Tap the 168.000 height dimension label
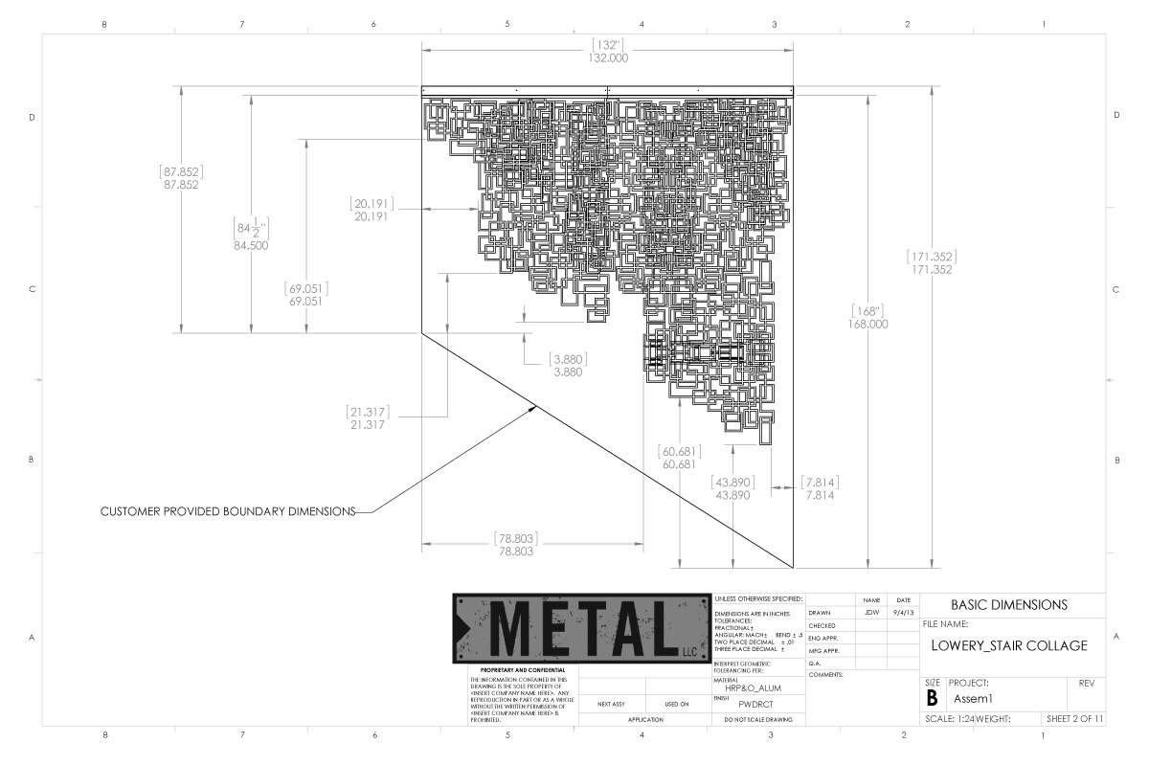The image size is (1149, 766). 867,324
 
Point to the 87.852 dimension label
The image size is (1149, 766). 181,185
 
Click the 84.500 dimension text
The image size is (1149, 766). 251,245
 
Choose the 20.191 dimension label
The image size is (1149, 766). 372,216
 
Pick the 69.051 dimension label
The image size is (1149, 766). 307,301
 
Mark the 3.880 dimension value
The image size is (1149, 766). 568,372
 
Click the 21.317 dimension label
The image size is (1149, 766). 368,424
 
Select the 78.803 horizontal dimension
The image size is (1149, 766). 516,552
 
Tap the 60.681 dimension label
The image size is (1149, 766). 679,464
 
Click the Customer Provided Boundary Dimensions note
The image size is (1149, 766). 228,511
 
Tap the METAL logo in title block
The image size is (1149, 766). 580,627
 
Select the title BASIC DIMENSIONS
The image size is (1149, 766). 1009,605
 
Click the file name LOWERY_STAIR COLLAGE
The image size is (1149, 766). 1009,645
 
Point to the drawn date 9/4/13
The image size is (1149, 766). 902,613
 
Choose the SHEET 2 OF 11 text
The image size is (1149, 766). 1075,718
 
